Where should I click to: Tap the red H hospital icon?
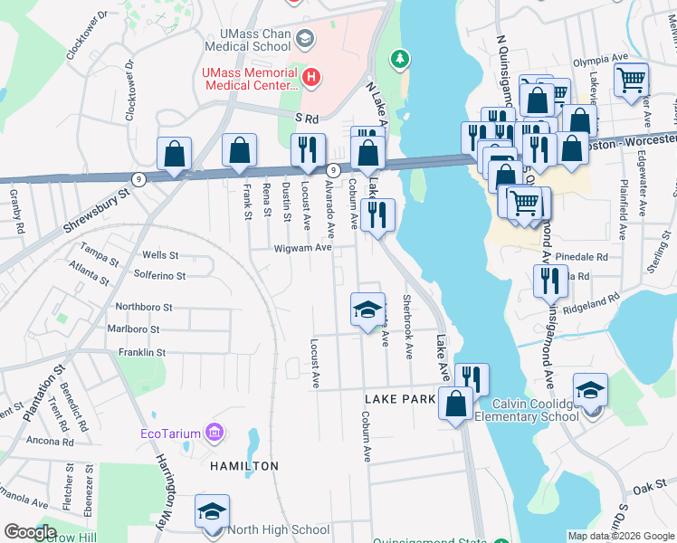pyautogui.click(x=311, y=79)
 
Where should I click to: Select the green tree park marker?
pyautogui.click(x=399, y=60)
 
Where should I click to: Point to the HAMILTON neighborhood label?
pyautogui.click(x=244, y=465)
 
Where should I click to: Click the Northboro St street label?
pyautogui.click(x=143, y=308)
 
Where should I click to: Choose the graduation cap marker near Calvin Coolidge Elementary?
pyautogui.click(x=590, y=391)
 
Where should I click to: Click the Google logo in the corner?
pyautogui.click(x=31, y=532)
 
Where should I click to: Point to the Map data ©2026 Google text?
pyautogui.click(x=620, y=536)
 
